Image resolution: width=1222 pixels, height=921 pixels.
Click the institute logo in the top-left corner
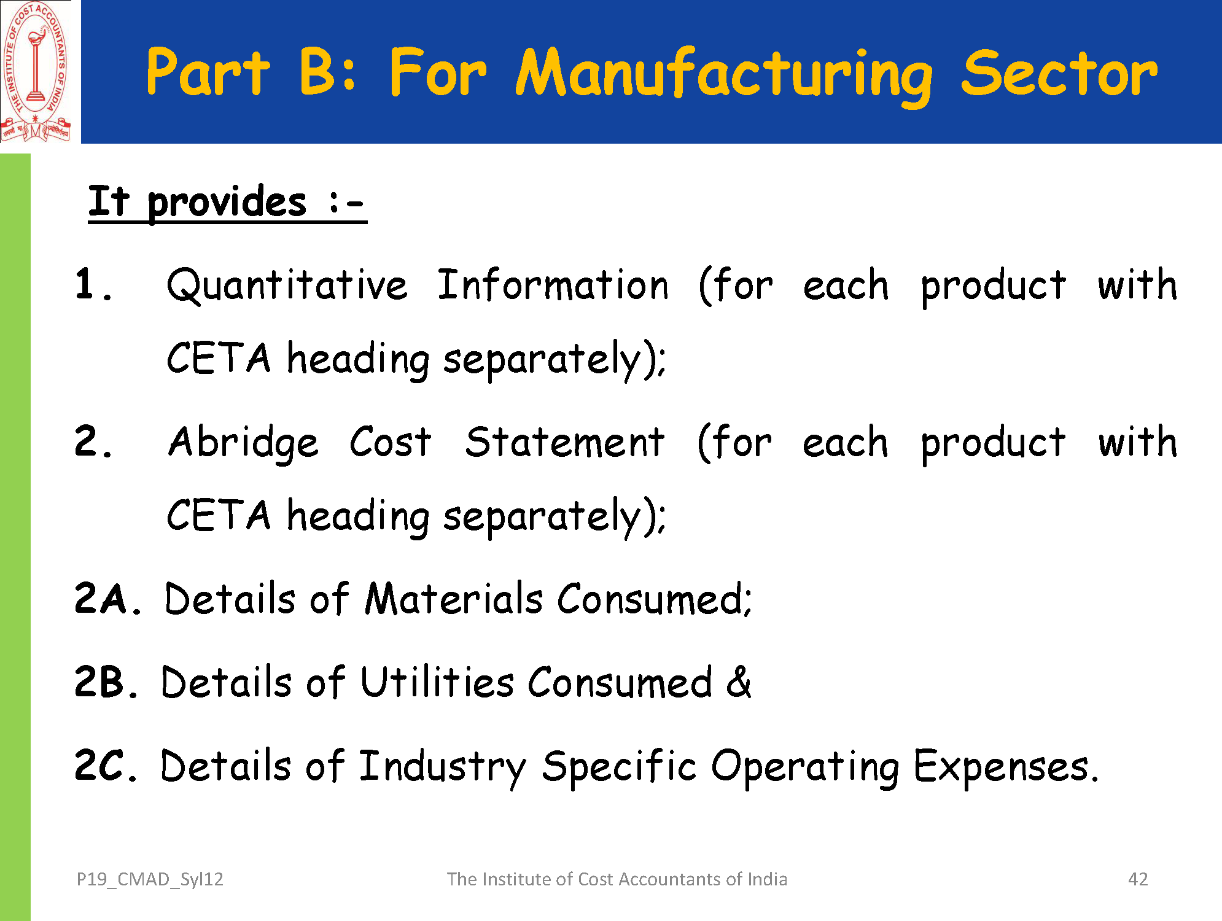coord(36,71)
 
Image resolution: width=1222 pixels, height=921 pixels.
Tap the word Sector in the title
coord(1060,74)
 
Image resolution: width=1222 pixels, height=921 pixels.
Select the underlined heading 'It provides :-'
coord(227,202)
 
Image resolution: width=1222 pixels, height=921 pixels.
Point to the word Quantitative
coord(287,286)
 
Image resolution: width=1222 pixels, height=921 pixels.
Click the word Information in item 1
coord(553,285)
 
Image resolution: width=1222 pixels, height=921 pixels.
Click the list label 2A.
coord(107,599)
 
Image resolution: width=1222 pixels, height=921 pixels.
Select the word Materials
coord(454,599)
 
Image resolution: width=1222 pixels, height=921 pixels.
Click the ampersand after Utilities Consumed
coord(738,682)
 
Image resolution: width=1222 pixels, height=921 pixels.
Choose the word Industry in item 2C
coord(442,767)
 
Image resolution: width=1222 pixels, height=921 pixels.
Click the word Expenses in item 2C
coord(1006,767)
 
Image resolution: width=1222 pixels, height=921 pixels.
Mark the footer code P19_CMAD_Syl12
coord(150,879)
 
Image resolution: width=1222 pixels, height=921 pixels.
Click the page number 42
coord(1138,879)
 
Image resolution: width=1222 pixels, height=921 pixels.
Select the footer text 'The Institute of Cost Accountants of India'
coord(617,879)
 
